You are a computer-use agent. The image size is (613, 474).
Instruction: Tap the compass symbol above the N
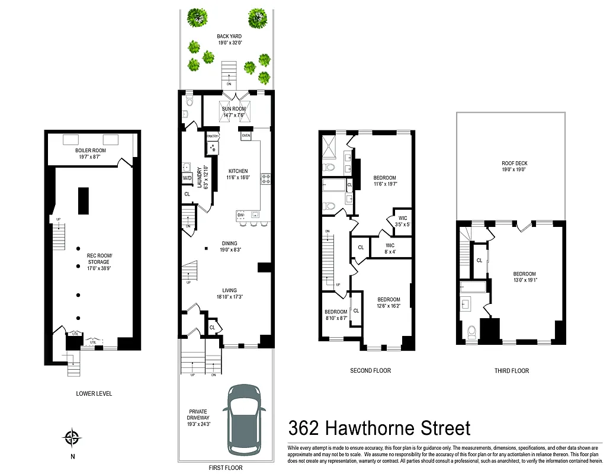coord(72,438)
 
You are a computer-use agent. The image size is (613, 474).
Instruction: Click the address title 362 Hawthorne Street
coord(379,428)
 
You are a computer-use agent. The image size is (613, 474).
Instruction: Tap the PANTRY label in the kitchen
coord(213,136)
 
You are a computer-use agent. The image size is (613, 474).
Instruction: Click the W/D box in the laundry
coord(187,178)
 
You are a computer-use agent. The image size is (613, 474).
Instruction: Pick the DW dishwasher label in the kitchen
coord(240,214)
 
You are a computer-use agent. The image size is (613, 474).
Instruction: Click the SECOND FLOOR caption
coord(371,371)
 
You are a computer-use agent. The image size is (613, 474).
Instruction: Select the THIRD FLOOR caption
coord(512,371)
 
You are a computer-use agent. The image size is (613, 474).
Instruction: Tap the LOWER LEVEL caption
coord(94,393)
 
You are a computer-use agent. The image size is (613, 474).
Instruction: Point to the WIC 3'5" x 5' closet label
coord(403,221)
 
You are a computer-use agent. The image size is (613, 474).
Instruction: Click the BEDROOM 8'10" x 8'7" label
coord(335,315)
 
